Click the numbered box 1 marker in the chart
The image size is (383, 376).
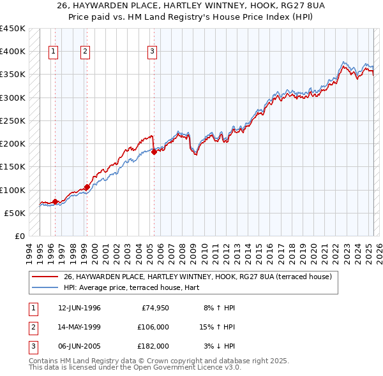tap(53, 52)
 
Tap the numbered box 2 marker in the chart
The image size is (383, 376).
tap(86, 52)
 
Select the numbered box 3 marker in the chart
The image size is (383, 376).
tap(153, 52)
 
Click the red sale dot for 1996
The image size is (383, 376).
tap(55, 201)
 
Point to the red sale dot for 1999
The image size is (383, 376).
tap(87, 187)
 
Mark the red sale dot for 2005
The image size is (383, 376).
tap(154, 152)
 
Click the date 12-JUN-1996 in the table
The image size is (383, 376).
tap(79, 308)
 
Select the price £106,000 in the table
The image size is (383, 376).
tap(153, 327)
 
